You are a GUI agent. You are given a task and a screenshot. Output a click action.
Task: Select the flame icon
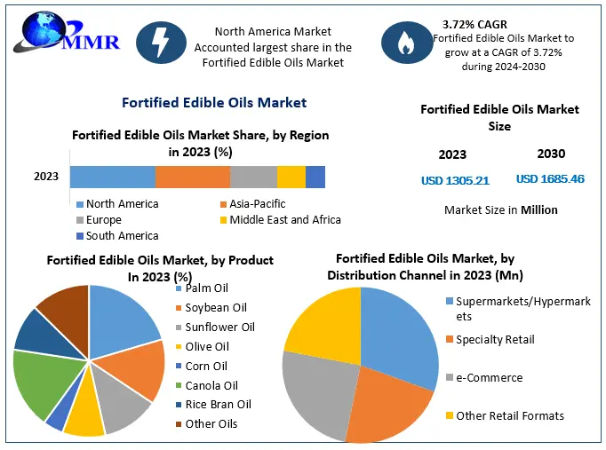click(x=406, y=42)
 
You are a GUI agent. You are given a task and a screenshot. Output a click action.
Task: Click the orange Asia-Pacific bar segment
click(x=192, y=177)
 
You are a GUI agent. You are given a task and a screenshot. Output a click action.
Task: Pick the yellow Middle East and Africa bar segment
click(x=291, y=177)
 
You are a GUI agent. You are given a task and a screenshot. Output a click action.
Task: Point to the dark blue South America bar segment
click(x=315, y=177)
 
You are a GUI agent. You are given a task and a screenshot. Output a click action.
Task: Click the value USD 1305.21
click(x=455, y=181)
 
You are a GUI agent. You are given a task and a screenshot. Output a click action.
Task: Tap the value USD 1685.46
click(x=550, y=179)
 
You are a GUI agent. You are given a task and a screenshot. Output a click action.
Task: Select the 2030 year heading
click(x=551, y=154)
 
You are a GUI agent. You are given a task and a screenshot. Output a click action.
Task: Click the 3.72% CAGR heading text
click(x=474, y=24)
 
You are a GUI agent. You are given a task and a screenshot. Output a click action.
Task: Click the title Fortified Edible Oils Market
click(x=214, y=103)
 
